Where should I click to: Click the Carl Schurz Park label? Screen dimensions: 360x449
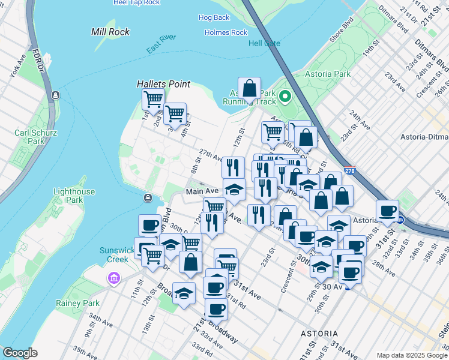[30, 137]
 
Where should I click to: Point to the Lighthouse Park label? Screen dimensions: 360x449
[74, 196]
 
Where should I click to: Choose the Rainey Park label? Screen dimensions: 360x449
[77, 304]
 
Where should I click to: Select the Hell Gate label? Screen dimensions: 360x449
[264, 43]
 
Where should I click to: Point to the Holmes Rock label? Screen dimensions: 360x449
[226, 32]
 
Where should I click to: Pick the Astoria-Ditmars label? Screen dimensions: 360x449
[424, 137]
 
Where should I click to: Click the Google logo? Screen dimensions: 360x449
[20, 353]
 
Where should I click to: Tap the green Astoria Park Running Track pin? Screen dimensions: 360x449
[285, 96]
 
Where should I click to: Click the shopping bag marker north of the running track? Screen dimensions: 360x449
[249, 88]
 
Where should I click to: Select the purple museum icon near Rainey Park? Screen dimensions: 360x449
[113, 278]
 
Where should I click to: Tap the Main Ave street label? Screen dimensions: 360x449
[202, 191]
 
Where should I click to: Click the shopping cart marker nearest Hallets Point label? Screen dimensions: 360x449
[153, 99]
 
